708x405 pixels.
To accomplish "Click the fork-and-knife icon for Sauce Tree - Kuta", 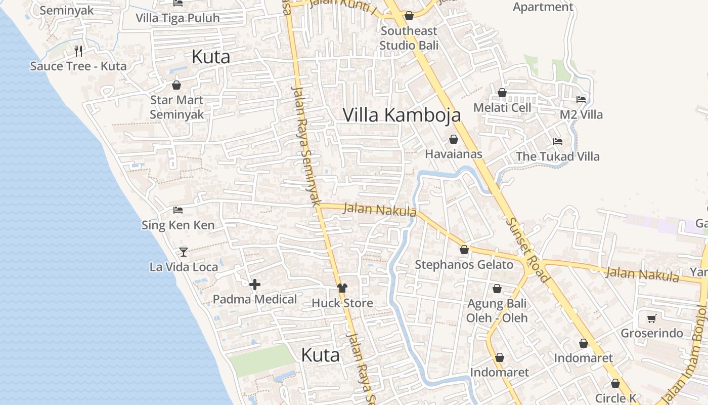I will click(x=78, y=51).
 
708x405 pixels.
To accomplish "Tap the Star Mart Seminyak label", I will click(x=177, y=107).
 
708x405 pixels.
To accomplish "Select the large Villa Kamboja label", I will click(x=402, y=115).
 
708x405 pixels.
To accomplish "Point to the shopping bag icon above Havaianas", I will click(x=454, y=139).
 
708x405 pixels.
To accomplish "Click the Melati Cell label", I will click(x=502, y=108).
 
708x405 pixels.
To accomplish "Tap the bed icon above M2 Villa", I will click(x=581, y=100).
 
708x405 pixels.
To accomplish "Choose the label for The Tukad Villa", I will click(x=557, y=156).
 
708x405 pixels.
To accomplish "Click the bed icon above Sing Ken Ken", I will click(x=178, y=210).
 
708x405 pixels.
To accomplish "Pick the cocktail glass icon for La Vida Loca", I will click(x=184, y=252).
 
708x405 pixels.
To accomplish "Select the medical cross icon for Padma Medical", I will click(x=255, y=285).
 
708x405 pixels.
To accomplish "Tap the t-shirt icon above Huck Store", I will click(x=342, y=288).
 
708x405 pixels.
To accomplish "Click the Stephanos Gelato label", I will click(x=464, y=265).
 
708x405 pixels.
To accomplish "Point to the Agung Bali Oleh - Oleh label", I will click(x=497, y=311).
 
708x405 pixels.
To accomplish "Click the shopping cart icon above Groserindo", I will click(x=652, y=318).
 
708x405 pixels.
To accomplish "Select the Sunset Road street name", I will click(x=528, y=250).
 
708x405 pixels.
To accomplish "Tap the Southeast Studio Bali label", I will click(x=409, y=38).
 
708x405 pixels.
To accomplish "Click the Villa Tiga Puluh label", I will click(x=178, y=18).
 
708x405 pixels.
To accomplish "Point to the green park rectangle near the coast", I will click(x=261, y=360).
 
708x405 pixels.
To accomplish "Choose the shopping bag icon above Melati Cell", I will click(x=502, y=93).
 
